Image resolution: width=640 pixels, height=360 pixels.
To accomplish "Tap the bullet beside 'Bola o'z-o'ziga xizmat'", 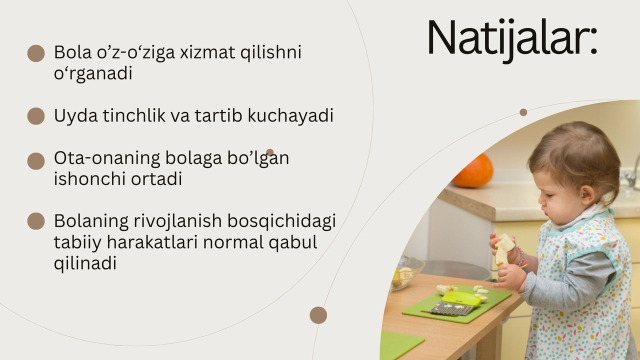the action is (x=36, y=53).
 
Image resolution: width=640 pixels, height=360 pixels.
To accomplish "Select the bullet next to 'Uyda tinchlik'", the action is (x=36, y=116).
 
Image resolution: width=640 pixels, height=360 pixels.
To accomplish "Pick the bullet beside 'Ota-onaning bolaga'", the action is (x=36, y=161).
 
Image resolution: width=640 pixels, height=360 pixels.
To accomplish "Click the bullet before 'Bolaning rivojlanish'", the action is (x=36, y=221).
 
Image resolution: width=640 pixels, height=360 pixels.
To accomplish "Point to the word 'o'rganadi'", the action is (x=93, y=74).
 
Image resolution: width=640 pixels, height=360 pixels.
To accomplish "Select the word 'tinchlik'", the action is (x=134, y=115).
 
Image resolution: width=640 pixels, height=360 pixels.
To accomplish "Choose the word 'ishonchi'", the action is (x=89, y=179).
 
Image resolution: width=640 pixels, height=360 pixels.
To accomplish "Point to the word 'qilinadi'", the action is (x=85, y=263).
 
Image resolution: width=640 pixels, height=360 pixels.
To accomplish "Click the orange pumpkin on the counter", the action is (x=473, y=171).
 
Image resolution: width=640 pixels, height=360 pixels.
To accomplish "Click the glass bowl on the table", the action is (x=406, y=273).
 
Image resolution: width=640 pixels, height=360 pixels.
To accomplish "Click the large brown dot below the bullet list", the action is (x=318, y=315).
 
